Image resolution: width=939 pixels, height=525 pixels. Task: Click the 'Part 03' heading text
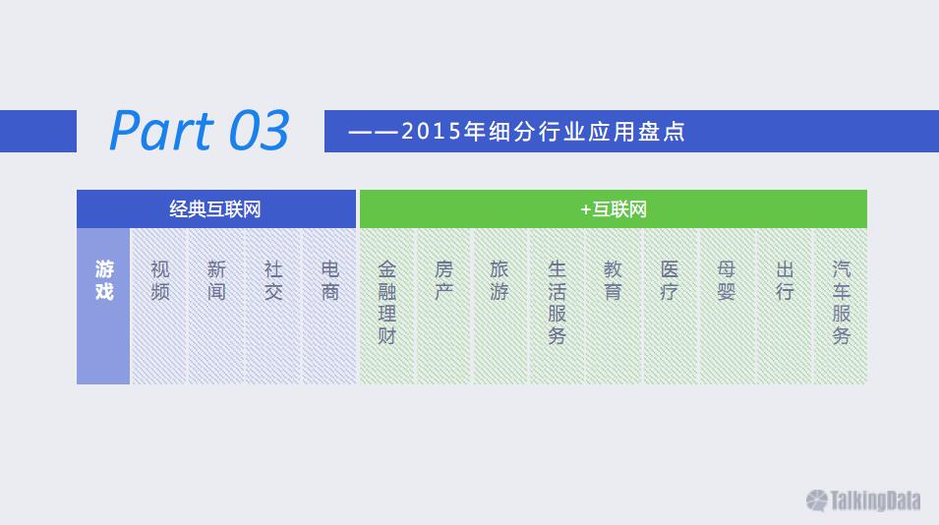tap(200, 131)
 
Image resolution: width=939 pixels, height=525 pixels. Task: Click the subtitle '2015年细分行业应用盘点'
tap(543, 131)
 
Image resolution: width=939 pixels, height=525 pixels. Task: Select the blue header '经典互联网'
tap(216, 209)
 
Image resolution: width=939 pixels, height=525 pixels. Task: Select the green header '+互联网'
tap(614, 209)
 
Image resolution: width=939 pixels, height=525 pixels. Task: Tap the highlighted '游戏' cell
tap(103, 306)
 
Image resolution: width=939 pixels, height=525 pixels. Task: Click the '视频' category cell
tap(159, 306)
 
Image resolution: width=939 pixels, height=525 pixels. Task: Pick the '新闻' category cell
tap(216, 306)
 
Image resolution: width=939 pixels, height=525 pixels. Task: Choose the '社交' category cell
tap(273, 306)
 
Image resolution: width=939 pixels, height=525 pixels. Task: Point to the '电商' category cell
tap(329, 306)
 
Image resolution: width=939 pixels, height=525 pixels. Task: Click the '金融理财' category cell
tap(386, 306)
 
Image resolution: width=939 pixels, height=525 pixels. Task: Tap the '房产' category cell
tap(443, 306)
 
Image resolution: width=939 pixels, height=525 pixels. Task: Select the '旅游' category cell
tap(500, 306)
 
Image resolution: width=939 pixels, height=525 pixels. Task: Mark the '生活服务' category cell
tap(557, 306)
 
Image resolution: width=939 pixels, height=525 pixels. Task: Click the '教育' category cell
tap(614, 306)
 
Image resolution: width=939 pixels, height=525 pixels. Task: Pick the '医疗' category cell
tap(671, 306)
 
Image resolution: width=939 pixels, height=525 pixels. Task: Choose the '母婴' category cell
tap(727, 306)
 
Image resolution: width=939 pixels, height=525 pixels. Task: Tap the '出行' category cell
tap(784, 306)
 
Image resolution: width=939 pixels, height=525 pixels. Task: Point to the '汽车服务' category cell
tap(841, 306)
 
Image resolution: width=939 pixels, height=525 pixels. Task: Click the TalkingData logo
tap(863, 500)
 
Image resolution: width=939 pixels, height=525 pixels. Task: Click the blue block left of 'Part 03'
tap(38, 131)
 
